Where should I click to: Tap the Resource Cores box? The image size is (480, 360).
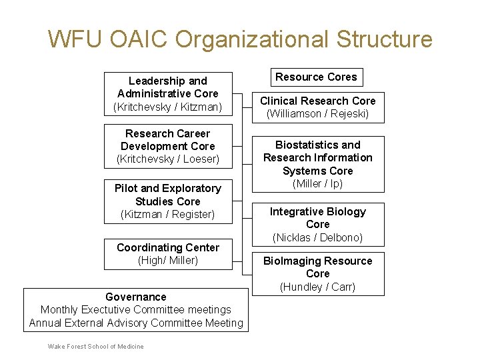point(317,77)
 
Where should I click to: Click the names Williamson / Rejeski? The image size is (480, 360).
point(317,114)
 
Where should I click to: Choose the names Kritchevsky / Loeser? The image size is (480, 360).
point(168,159)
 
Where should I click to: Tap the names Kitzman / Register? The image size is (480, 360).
point(168,214)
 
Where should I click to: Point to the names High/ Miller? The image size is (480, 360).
point(168,260)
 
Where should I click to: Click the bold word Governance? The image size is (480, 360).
point(136,297)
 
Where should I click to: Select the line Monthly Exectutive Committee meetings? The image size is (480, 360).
point(136,309)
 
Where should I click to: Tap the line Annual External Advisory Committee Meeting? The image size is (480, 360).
point(136,323)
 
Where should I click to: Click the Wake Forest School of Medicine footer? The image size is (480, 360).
point(96,346)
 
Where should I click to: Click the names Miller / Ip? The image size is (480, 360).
point(317,183)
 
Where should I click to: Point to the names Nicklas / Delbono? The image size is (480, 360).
point(317,237)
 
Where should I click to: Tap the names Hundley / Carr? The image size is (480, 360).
point(317,287)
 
